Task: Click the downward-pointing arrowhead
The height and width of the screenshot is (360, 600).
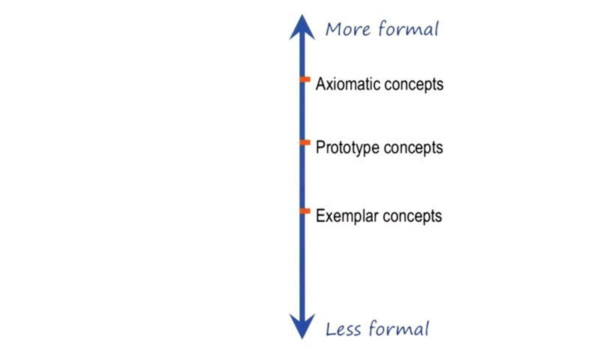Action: pos(302,326)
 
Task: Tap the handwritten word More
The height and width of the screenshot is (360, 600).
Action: pos(348,29)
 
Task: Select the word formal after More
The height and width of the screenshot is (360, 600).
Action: pos(408,28)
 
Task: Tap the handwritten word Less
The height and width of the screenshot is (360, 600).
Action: pos(343,329)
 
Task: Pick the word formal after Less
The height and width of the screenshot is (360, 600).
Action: pos(398,328)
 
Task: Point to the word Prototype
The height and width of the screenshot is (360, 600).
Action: pos(347,148)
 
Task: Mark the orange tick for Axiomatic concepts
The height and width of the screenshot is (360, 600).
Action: pos(304,79)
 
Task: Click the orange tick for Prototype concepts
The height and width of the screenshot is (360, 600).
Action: pos(304,142)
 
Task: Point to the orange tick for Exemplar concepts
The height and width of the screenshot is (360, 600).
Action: pos(304,211)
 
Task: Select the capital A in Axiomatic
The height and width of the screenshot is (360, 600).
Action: pos(320,84)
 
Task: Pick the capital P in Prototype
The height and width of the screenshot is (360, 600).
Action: pos(320,147)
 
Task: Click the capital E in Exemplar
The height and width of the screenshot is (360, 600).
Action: pos(320,216)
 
